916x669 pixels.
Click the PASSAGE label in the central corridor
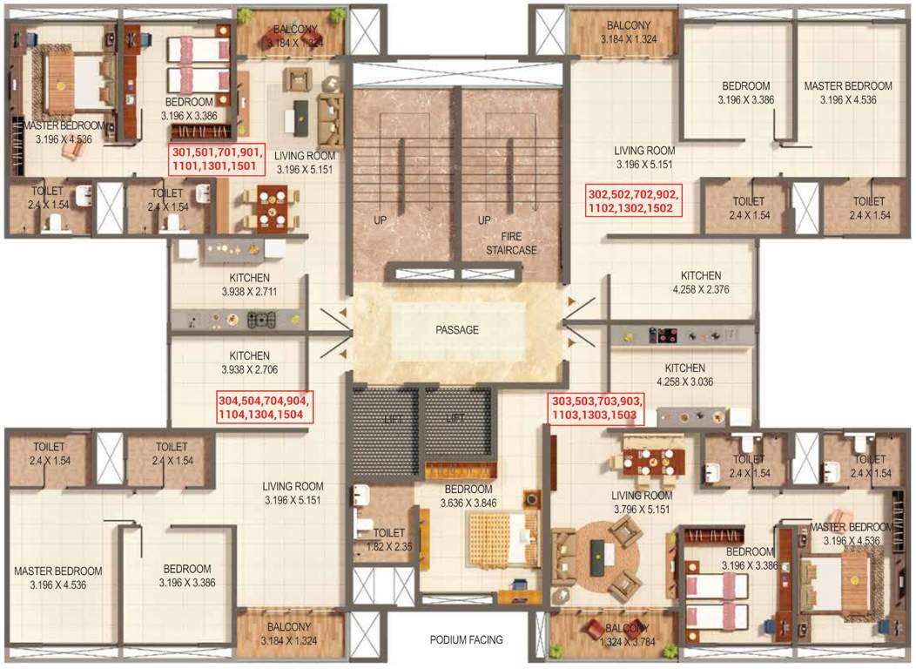[x=457, y=330]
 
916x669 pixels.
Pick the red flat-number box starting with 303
[x=596, y=408]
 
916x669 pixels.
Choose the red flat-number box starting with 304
[x=266, y=407]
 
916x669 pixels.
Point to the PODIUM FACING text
[x=466, y=639]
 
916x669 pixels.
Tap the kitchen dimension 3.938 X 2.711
[x=237, y=292]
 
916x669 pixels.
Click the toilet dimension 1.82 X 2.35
[x=389, y=546]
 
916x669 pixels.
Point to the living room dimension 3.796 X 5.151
[x=640, y=509]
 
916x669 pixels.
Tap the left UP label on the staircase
[x=379, y=220]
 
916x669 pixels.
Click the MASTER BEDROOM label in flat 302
[x=847, y=86]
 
